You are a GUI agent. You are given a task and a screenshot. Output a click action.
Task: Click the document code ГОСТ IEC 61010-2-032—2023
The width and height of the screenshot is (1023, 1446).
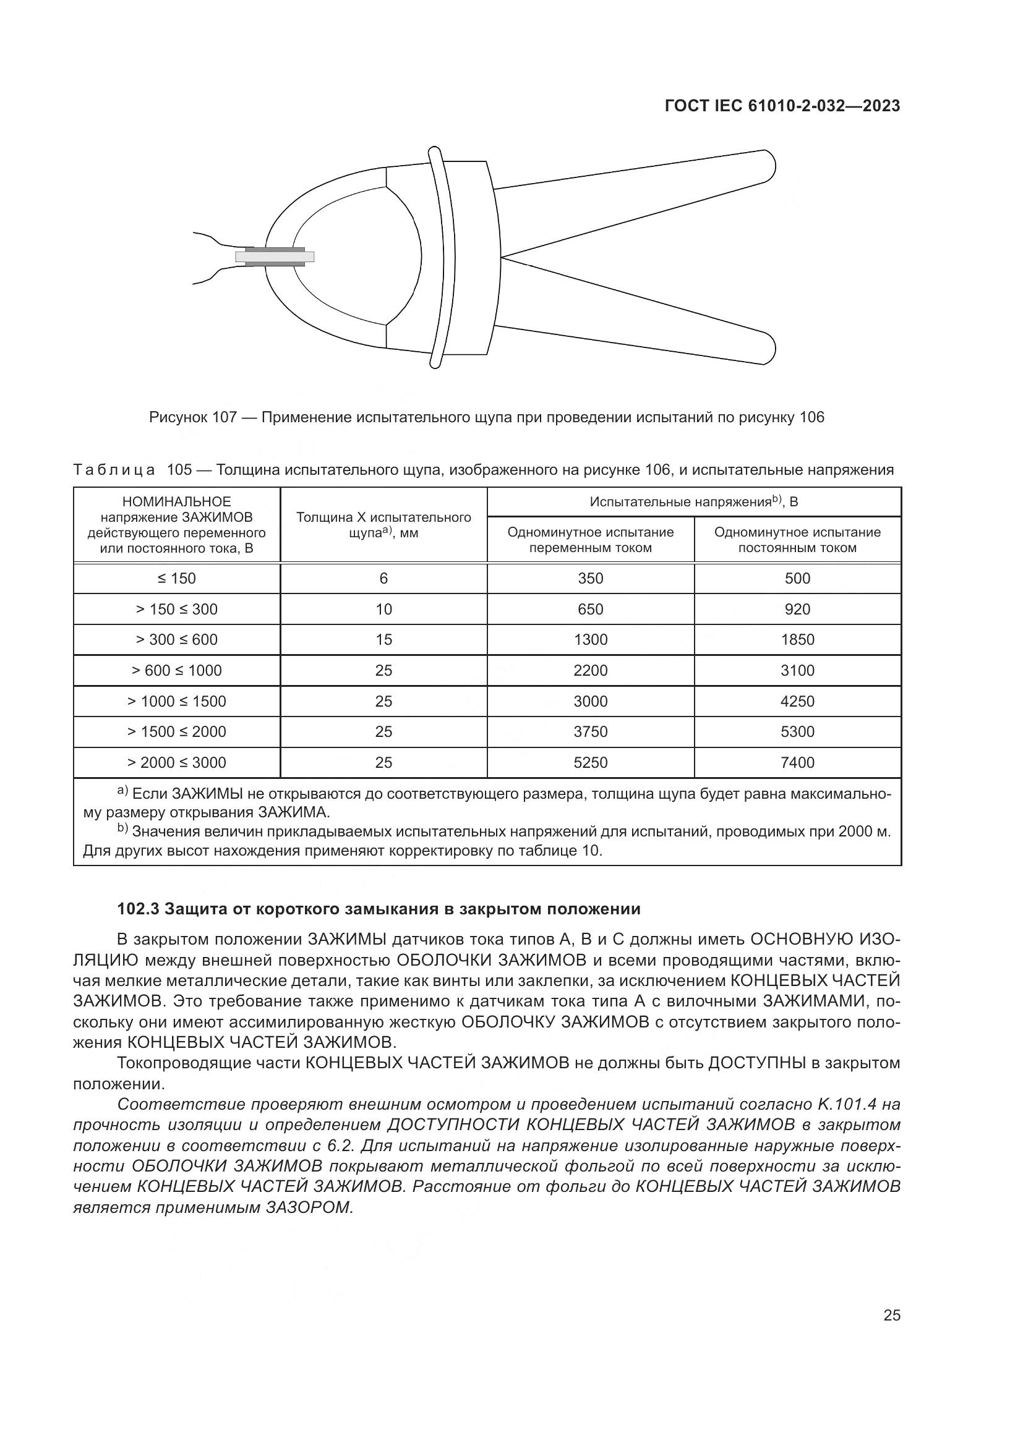[x=782, y=106]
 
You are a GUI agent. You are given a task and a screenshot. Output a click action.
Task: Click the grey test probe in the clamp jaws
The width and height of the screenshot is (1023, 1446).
[x=275, y=257]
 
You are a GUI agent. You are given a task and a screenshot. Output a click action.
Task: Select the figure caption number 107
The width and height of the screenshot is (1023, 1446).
[x=224, y=417]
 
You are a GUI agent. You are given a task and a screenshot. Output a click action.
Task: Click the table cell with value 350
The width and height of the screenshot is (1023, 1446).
[x=590, y=578]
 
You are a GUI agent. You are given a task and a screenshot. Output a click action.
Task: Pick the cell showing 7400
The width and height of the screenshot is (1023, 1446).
[x=797, y=762]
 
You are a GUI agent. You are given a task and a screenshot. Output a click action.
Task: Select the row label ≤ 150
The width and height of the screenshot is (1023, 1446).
[x=176, y=578]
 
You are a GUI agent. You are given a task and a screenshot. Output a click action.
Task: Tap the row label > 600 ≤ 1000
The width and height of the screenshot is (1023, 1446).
[x=176, y=670]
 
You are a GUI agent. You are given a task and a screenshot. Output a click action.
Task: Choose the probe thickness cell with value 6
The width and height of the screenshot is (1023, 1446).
[x=383, y=578]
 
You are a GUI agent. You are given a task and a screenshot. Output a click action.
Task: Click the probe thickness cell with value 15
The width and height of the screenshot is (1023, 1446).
[x=383, y=639]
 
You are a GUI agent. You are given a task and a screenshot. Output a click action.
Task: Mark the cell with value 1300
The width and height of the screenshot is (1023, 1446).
[x=590, y=639]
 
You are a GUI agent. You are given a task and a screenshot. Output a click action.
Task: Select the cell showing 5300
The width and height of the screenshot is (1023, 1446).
[x=797, y=731]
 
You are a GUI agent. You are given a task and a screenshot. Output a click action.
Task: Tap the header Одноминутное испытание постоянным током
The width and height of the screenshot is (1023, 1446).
[x=797, y=540]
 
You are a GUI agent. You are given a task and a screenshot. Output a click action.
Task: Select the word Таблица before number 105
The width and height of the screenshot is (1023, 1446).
[x=114, y=470]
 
